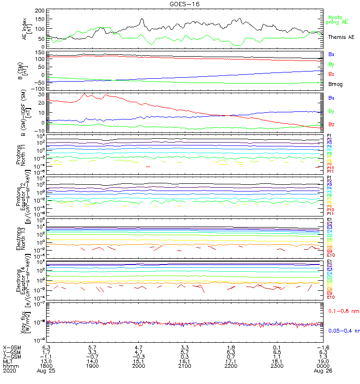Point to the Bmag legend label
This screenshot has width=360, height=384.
[335, 84]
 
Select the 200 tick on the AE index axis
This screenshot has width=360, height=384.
[40, 10]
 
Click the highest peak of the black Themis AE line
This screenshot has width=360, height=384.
[142, 19]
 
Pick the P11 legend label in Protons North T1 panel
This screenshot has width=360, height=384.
[330, 171]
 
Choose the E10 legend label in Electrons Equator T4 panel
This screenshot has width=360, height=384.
[331, 297]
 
